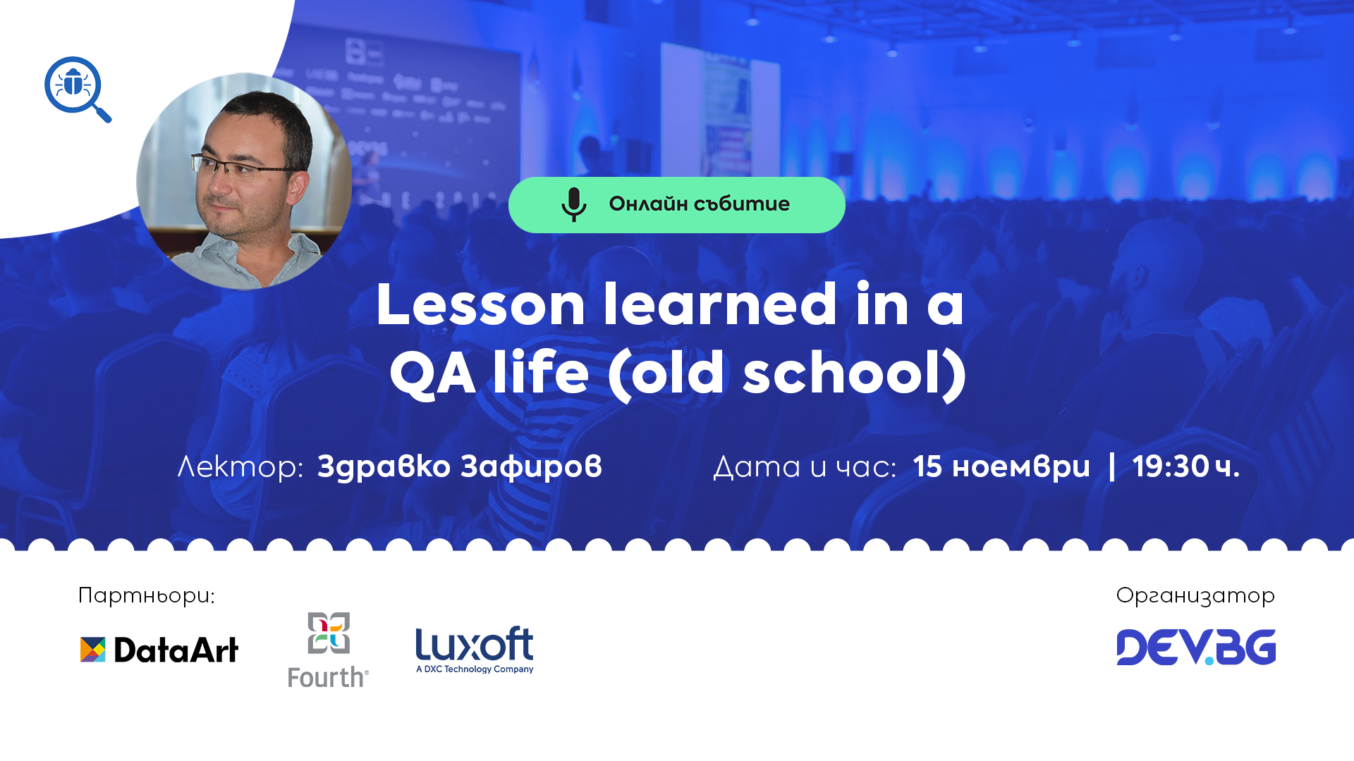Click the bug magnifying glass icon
[76, 88]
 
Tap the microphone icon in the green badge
[573, 204]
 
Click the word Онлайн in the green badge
[648, 204]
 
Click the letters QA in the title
[433, 373]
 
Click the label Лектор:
[240, 466]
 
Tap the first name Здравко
[384, 466]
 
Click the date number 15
[927, 466]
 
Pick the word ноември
[1020, 466]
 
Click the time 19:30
[1171, 466]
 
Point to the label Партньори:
[146, 596]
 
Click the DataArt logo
[159, 650]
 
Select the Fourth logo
[328, 650]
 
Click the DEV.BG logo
[1196, 647]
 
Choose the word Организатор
[1195, 596]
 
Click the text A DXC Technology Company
[475, 669]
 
